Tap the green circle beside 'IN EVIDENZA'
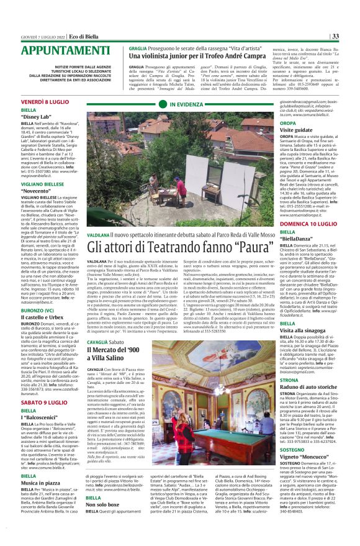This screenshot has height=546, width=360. [163, 105]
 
